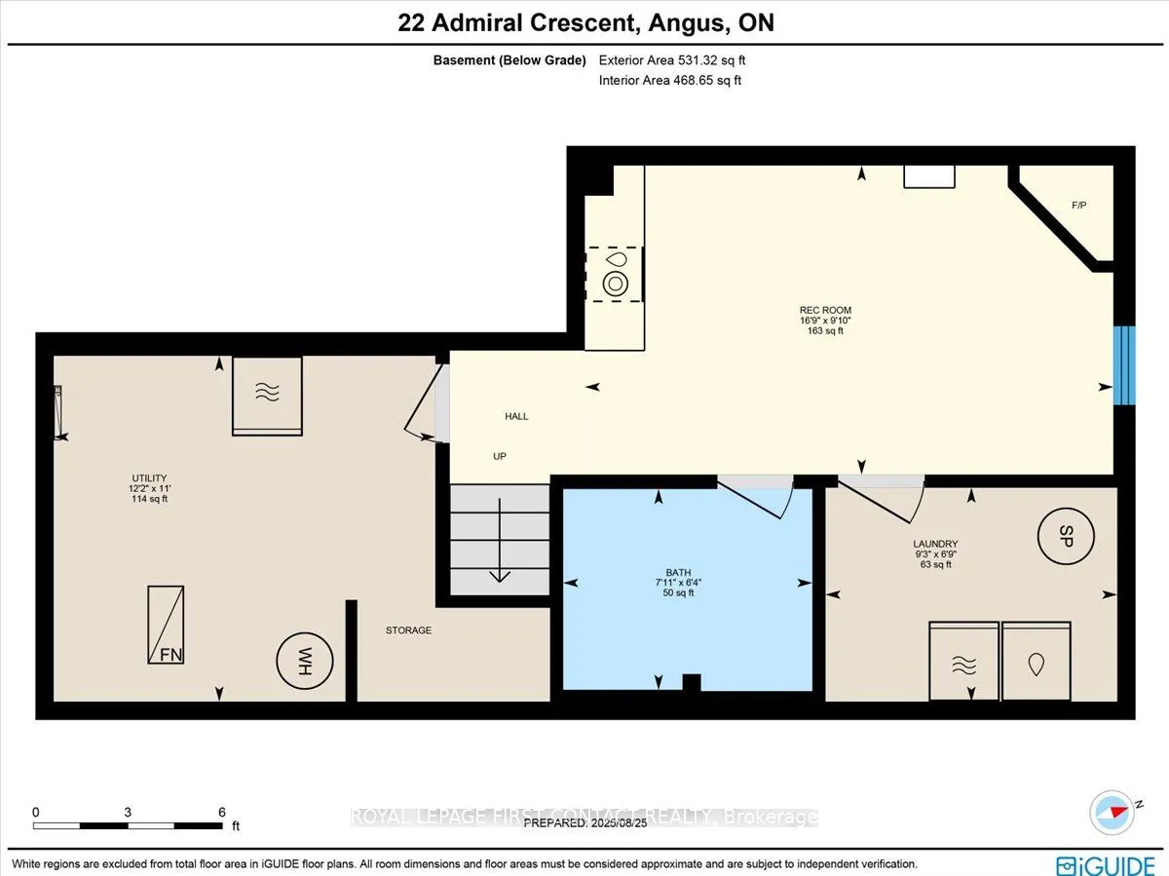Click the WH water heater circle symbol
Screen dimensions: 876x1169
click(305, 661)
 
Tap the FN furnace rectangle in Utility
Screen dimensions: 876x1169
click(166, 625)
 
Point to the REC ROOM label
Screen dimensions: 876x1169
click(825, 311)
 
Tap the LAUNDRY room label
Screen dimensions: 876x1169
click(935, 544)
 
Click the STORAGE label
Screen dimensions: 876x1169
click(408, 630)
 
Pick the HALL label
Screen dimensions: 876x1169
click(516, 416)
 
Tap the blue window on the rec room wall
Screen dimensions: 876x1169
click(1124, 364)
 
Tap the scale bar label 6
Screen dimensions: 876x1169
click(222, 812)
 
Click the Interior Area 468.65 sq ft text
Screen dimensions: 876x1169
click(669, 80)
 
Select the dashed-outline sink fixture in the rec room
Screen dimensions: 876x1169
click(615, 274)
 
